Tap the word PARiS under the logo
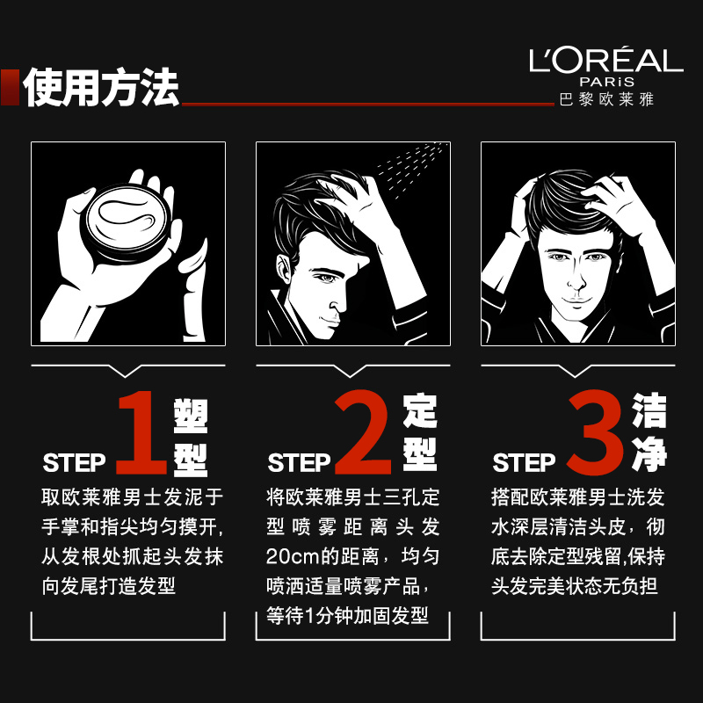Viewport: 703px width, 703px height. pyautogui.click(x=607, y=82)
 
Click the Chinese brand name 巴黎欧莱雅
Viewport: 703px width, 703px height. pyautogui.click(x=606, y=99)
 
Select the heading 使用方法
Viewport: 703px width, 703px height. pyautogui.click(x=101, y=87)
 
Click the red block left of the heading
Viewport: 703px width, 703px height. pyautogui.click(x=10, y=87)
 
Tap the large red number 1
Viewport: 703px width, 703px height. pyautogui.click(x=141, y=432)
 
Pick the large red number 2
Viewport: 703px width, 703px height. pyautogui.click(x=363, y=432)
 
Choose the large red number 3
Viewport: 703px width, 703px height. pyautogui.click(x=596, y=432)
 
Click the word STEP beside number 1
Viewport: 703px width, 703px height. pyautogui.click(x=74, y=463)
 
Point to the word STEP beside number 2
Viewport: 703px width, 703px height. pyautogui.click(x=299, y=463)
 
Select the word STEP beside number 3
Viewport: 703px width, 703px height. pyautogui.click(x=524, y=463)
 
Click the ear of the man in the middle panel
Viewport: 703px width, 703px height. pyautogui.click(x=284, y=269)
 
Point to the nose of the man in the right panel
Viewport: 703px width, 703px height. pyautogui.click(x=576, y=280)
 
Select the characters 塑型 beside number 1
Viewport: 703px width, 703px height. pyautogui.click(x=191, y=437)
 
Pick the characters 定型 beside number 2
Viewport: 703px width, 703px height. pyautogui.click(x=420, y=432)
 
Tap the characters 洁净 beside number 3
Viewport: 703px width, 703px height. pyautogui.click(x=649, y=432)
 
